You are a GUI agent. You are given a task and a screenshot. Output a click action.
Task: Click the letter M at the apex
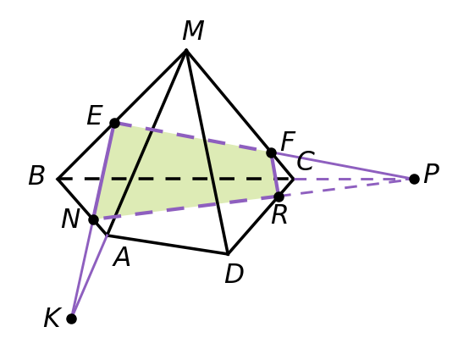click(193, 30)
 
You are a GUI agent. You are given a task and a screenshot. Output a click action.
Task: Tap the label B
click(36, 175)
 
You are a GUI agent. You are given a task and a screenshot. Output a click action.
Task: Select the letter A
click(122, 257)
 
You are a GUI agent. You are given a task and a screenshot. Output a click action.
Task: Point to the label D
click(234, 274)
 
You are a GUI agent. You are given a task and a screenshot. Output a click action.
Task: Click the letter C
click(306, 161)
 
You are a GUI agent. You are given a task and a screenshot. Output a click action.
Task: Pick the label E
click(95, 115)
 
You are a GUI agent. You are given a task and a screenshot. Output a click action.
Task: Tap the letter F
click(288, 141)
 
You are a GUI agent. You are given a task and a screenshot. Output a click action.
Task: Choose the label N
click(70, 219)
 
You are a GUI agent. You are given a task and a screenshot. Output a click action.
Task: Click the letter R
click(279, 215)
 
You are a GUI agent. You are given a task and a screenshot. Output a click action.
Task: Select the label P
click(431, 174)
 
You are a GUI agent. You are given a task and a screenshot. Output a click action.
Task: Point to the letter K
click(52, 318)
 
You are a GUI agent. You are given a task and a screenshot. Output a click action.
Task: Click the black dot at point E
click(115, 123)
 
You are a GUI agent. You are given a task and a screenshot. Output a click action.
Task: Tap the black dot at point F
click(272, 152)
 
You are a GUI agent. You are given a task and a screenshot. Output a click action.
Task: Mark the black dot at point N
click(93, 219)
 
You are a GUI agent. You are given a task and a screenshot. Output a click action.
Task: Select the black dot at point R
click(279, 197)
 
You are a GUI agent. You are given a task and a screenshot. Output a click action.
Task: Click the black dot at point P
click(414, 179)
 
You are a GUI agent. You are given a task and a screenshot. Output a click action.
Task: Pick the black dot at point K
click(72, 318)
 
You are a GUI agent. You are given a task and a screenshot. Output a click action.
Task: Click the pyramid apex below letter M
click(186, 50)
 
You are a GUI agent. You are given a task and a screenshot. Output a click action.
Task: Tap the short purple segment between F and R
click(275, 174)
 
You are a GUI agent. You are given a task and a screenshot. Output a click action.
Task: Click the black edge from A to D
click(168, 245)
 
